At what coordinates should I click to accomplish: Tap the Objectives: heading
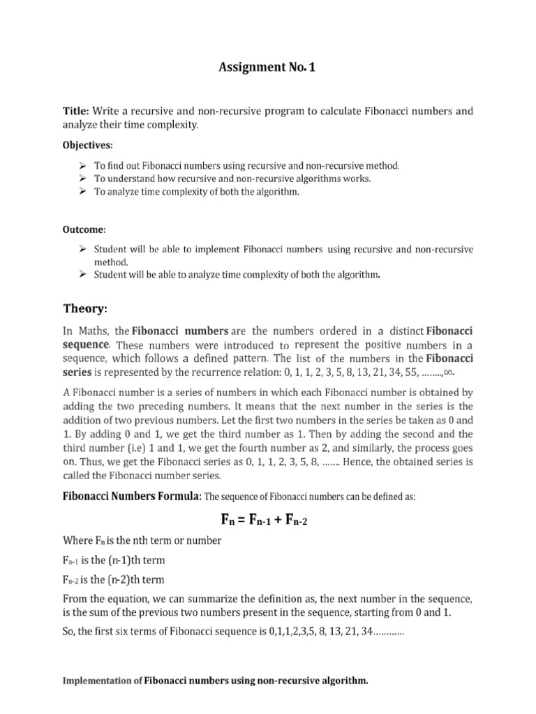pos(89,144)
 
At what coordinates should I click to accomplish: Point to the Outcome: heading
pos(86,229)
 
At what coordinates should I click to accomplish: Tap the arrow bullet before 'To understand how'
pos(81,178)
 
